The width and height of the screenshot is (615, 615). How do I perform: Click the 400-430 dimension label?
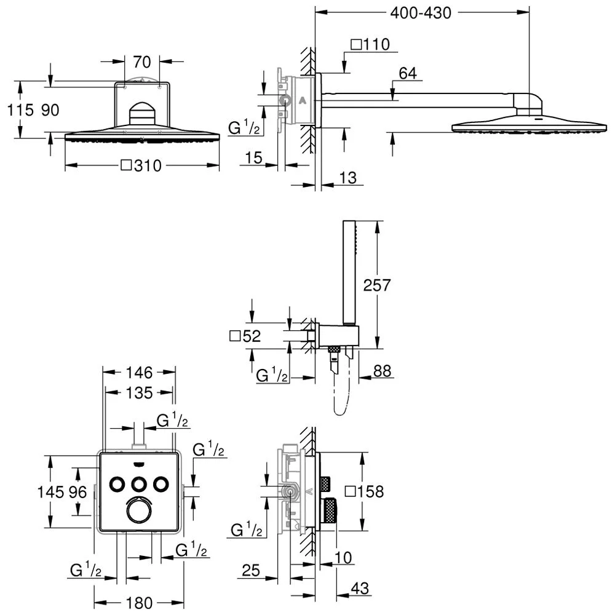[x=421, y=13]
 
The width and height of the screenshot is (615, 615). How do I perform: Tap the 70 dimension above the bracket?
[x=141, y=61]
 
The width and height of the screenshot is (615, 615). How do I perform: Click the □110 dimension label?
[x=370, y=44]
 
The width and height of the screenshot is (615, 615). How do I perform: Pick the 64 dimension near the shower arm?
[x=408, y=73]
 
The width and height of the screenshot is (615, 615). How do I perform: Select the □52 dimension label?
[x=245, y=336]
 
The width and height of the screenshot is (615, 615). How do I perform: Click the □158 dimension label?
[x=364, y=491]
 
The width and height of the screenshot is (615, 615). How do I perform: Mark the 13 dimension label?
[x=347, y=178]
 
